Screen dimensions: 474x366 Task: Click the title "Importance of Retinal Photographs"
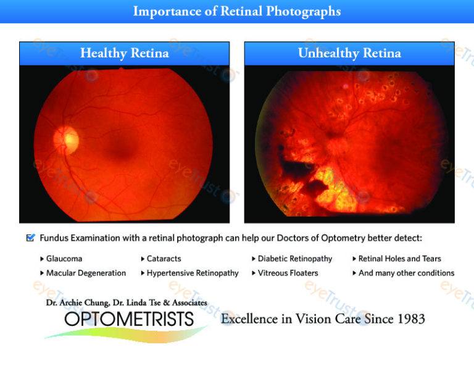[237, 12]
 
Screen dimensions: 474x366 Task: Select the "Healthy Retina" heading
[124, 53]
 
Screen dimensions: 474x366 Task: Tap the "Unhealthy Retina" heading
[349, 53]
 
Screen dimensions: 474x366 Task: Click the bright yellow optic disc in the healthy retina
[66, 139]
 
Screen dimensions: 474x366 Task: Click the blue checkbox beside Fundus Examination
[30, 238]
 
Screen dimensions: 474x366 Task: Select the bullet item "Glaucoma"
[64, 259]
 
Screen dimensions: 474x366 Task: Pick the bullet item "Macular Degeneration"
[86, 273]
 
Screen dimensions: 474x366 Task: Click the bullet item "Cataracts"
[164, 259]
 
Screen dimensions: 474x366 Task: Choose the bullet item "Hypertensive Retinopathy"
[193, 273]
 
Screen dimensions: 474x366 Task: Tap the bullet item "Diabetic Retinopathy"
[295, 259]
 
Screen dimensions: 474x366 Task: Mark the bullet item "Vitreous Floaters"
[288, 273]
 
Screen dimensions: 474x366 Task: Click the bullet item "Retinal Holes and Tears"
[400, 259]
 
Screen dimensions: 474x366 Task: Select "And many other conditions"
[406, 273]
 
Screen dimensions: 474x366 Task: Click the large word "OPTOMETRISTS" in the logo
[129, 319]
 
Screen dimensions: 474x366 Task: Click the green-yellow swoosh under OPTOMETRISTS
[127, 335]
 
